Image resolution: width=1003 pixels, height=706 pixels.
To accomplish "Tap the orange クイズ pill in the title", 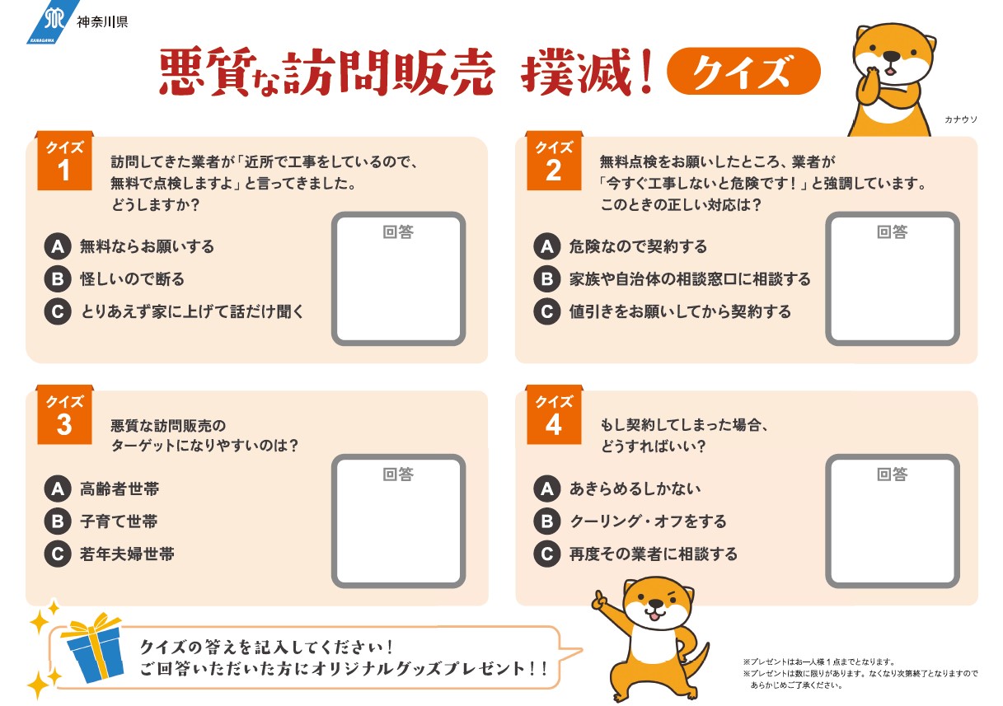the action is coord(743,71).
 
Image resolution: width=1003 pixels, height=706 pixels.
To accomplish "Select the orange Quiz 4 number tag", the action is coord(554,414).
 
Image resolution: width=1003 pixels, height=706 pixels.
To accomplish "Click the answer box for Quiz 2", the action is coord(892,278).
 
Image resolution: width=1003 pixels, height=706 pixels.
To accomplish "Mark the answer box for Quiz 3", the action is coord(399,521).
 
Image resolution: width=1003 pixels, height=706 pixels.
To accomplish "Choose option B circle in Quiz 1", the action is coord(58,279).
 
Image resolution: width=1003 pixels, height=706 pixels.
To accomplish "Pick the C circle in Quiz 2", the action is coord(547,311).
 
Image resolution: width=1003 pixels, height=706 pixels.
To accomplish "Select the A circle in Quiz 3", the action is coord(58,489).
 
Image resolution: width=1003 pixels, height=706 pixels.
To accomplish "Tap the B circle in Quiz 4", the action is coord(547,521).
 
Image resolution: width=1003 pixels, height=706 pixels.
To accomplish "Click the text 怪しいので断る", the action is coord(132,279).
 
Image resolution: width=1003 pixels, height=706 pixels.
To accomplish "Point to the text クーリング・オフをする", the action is coord(648,521).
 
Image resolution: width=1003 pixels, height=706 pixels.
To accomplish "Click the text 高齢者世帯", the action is coord(120,489).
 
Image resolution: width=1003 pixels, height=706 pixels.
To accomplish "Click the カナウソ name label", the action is coord(961,119).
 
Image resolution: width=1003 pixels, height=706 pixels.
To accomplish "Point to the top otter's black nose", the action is coord(892,57).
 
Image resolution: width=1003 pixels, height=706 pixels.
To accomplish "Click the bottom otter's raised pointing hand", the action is coord(600,601).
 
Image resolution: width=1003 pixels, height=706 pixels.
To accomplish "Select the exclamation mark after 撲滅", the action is coord(646,72).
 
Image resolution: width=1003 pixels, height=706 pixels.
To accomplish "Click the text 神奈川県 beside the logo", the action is coord(102,22).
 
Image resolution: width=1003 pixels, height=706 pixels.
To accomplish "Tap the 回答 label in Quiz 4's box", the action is coord(892,475).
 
